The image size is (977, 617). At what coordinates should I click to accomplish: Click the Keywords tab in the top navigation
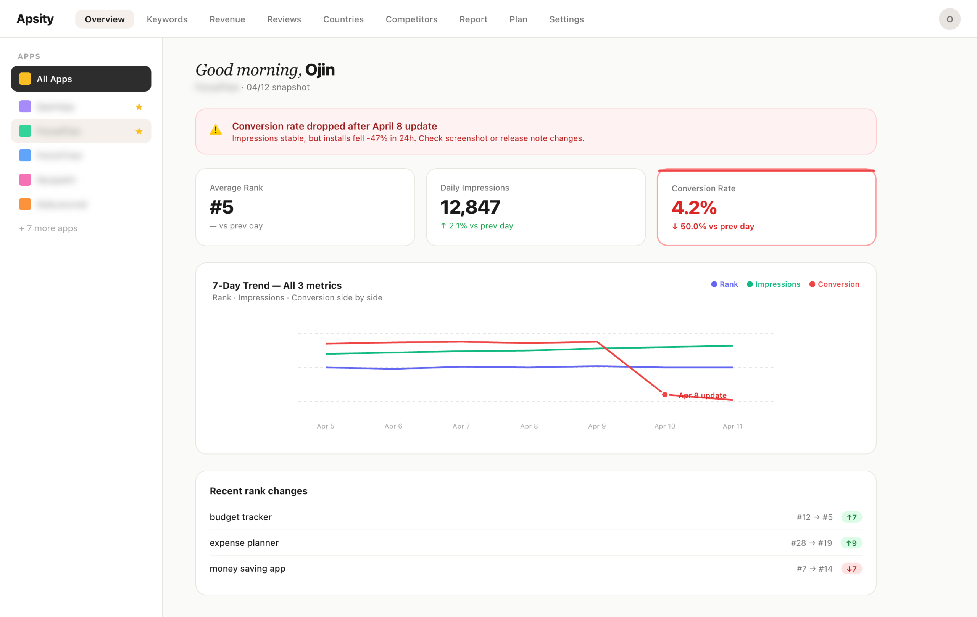tap(167, 19)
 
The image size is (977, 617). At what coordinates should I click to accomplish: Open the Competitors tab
tap(411, 19)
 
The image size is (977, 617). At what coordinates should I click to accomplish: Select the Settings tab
tap(566, 19)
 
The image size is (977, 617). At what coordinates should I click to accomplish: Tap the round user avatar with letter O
tap(949, 19)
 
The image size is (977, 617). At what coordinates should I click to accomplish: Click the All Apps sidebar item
tap(81, 79)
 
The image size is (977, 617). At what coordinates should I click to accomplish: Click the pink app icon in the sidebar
tap(25, 180)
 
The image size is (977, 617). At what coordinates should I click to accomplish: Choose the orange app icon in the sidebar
tap(25, 204)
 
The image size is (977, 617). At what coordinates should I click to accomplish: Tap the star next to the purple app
tap(139, 107)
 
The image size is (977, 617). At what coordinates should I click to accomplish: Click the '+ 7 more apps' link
tap(48, 228)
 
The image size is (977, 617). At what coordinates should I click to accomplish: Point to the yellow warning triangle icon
tap(216, 130)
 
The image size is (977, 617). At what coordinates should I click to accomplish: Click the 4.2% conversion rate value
tap(694, 207)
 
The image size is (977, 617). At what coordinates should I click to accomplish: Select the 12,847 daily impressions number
tap(470, 207)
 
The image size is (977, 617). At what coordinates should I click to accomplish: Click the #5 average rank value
tap(221, 207)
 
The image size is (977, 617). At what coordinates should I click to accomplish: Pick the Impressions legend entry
tap(773, 284)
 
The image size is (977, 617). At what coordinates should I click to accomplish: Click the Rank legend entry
tap(724, 284)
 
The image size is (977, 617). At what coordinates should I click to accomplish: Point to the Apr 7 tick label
tap(461, 426)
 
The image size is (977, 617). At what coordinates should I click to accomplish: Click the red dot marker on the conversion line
tap(664, 394)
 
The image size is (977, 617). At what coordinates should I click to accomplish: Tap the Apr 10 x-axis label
tap(664, 426)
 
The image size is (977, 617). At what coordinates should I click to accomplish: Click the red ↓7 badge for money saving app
tap(851, 569)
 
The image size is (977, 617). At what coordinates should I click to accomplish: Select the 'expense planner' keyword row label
tap(244, 543)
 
